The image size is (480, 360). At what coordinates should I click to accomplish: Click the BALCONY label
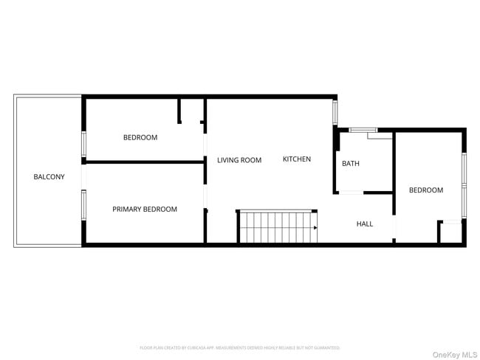pyautogui.click(x=49, y=177)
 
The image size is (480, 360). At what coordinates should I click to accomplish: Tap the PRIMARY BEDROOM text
pyautogui.click(x=145, y=210)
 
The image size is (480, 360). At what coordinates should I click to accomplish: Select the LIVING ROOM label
pyautogui.click(x=239, y=160)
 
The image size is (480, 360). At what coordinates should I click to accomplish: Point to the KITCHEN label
pyautogui.click(x=297, y=159)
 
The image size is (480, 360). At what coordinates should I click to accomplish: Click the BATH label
pyautogui.click(x=351, y=164)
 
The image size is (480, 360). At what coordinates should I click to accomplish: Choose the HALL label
pyautogui.click(x=365, y=224)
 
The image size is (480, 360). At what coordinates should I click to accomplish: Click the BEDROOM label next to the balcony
pyautogui.click(x=140, y=138)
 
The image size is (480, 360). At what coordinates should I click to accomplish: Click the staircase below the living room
pyautogui.click(x=276, y=226)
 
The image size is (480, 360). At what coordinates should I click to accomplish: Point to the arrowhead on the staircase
pyautogui.click(x=315, y=228)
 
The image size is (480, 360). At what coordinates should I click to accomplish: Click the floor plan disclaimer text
pyautogui.click(x=240, y=347)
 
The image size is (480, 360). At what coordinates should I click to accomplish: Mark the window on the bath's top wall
pyautogui.click(x=363, y=130)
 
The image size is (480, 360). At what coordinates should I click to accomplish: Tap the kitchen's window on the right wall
pyautogui.click(x=335, y=112)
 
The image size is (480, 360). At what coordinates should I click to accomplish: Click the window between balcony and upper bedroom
pyautogui.click(x=83, y=144)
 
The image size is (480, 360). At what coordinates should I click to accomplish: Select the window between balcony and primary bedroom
pyautogui.click(x=83, y=206)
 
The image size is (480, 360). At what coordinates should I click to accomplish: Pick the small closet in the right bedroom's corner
pyautogui.click(x=450, y=232)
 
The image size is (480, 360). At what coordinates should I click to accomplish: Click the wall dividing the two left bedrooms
pyautogui.click(x=144, y=162)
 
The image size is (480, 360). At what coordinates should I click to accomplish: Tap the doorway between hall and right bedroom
pyautogui.click(x=394, y=226)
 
